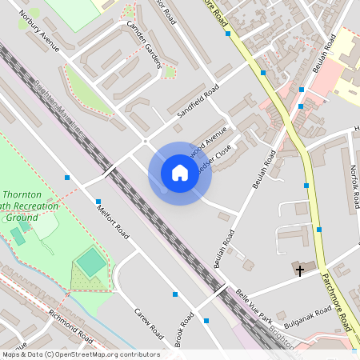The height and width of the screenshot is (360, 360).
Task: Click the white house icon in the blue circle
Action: point(179,173)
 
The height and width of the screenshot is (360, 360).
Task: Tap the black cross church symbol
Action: point(300,271)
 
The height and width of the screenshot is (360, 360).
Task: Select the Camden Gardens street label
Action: point(144,43)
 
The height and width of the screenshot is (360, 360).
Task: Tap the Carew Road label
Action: point(148,322)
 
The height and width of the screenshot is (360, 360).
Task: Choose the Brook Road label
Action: point(184,329)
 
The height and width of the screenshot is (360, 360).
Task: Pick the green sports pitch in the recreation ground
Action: point(91,260)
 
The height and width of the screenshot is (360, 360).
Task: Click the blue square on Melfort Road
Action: point(98,202)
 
